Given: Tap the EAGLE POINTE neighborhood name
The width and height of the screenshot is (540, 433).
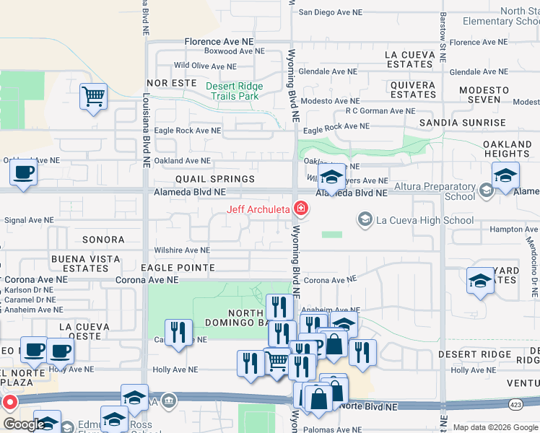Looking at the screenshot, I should tap(178, 268).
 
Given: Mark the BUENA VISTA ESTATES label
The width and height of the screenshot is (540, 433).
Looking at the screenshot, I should tap(86, 263).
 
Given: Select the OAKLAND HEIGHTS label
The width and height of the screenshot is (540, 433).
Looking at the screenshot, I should tap(507, 148).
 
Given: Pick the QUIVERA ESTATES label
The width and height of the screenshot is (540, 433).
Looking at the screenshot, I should tap(413, 89).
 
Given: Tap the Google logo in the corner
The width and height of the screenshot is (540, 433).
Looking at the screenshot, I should tap(24, 424).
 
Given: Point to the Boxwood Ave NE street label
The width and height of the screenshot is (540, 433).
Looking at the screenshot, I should tap(229, 51).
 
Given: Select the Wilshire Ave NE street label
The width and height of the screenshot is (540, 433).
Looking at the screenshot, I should tap(182, 250).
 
